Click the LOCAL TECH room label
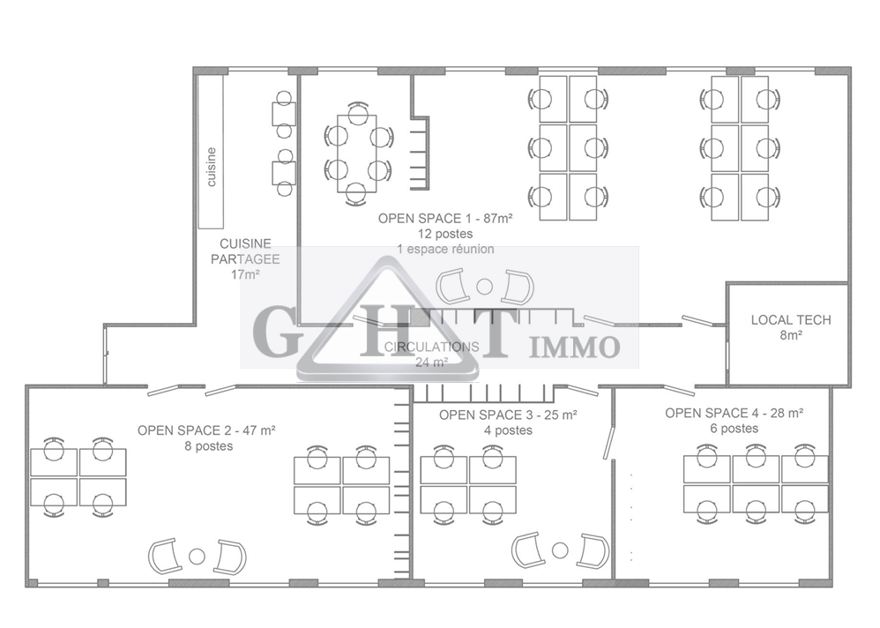pos(790,320)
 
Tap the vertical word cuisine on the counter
pos(212,166)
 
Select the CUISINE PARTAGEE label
pos(244,250)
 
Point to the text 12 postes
pos(445,234)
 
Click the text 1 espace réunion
pos(445,250)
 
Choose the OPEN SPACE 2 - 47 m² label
pos(206,430)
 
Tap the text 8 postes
pos(206,446)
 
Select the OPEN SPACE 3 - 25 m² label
pos(508,415)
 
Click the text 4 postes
pos(508,430)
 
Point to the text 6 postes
pos(734,429)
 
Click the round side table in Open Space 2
pos(197,556)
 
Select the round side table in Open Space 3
pos(560,550)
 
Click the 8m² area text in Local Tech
pos(790,335)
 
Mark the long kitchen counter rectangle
pos(211,152)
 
